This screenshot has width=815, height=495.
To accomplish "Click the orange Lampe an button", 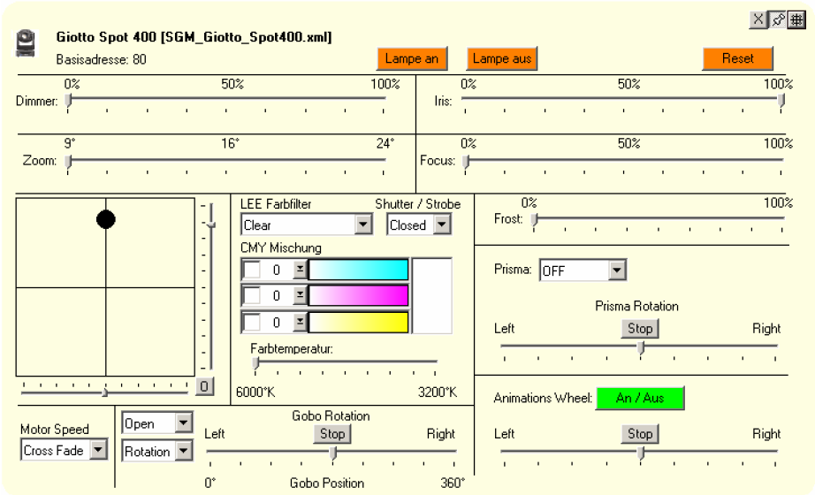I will point(412,59).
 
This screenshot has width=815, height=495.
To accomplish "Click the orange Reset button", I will point(737,59).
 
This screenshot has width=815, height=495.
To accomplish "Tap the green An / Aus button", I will point(640,399).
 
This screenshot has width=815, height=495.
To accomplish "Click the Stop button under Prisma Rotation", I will point(640,329).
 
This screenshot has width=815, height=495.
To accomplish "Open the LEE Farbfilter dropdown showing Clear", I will point(363,225).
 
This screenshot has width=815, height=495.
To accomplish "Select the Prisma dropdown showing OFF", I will point(617,270).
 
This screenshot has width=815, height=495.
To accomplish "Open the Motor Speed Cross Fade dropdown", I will point(98,451).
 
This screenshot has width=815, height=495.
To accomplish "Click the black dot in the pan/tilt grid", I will point(106,219).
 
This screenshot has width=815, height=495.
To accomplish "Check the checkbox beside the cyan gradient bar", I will point(252,270).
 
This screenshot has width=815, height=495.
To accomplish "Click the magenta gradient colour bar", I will point(358,295).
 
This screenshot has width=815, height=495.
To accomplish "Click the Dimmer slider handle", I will point(69,100).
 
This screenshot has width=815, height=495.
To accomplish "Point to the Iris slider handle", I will point(781,100).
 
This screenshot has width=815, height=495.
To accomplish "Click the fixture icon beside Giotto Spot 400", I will point(27,43).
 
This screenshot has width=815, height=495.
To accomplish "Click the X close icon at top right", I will point(758,20).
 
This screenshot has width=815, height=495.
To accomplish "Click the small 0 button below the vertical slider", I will point(204,386).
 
